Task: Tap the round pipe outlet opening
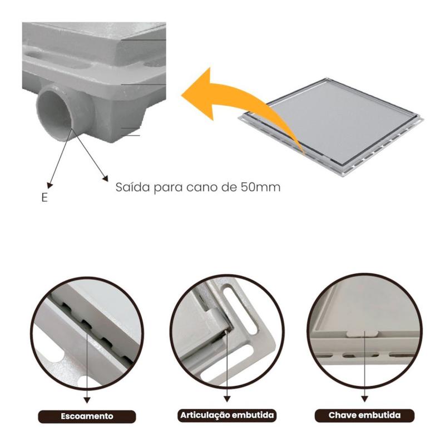pos(55,113)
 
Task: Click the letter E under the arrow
pos(44,197)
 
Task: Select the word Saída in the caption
pos(132,187)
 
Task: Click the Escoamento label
pos(87,416)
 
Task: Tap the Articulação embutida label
pos(227,415)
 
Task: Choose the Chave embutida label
pos(364,415)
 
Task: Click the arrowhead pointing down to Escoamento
pos(87,400)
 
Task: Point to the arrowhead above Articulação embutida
pos(227,399)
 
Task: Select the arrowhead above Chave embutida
pos(365,399)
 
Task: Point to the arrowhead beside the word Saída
pos(105,179)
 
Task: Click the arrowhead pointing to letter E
pos(50,185)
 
